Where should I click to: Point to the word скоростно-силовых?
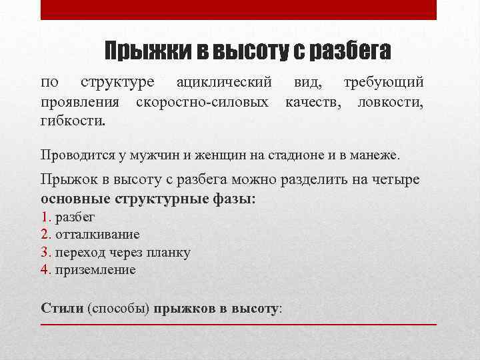[202, 103]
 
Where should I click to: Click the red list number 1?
[45, 217]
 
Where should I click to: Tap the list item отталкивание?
[97, 235]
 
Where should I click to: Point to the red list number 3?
[45, 253]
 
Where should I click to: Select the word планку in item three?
[169, 253]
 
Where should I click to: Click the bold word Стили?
[62, 309]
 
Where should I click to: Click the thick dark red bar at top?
[239, 9]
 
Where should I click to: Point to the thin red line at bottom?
[239, 324]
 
